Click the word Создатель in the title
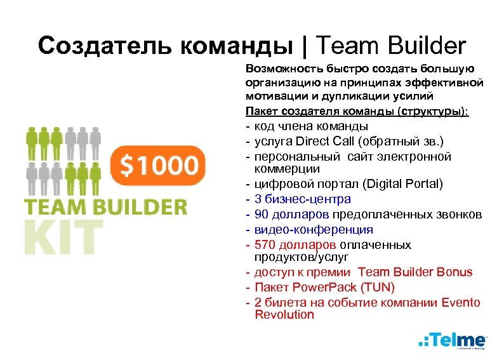105,46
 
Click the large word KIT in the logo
63,237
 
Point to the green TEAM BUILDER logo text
106,207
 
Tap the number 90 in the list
261,214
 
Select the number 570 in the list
264,244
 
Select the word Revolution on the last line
284,314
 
